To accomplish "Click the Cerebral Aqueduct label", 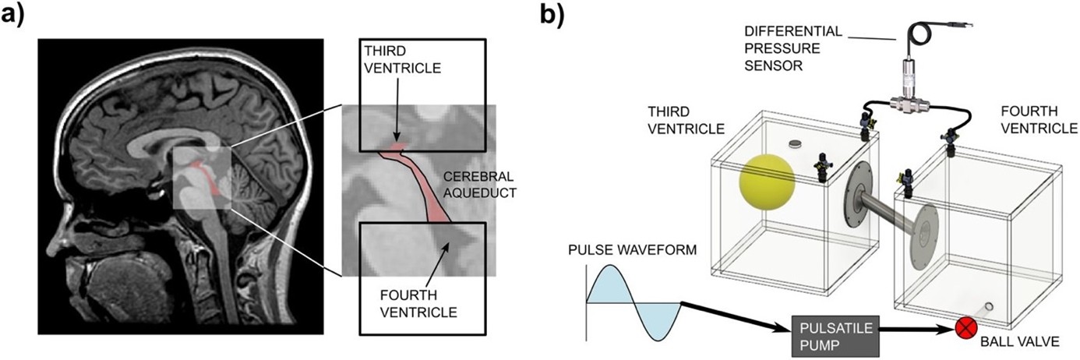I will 476,182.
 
